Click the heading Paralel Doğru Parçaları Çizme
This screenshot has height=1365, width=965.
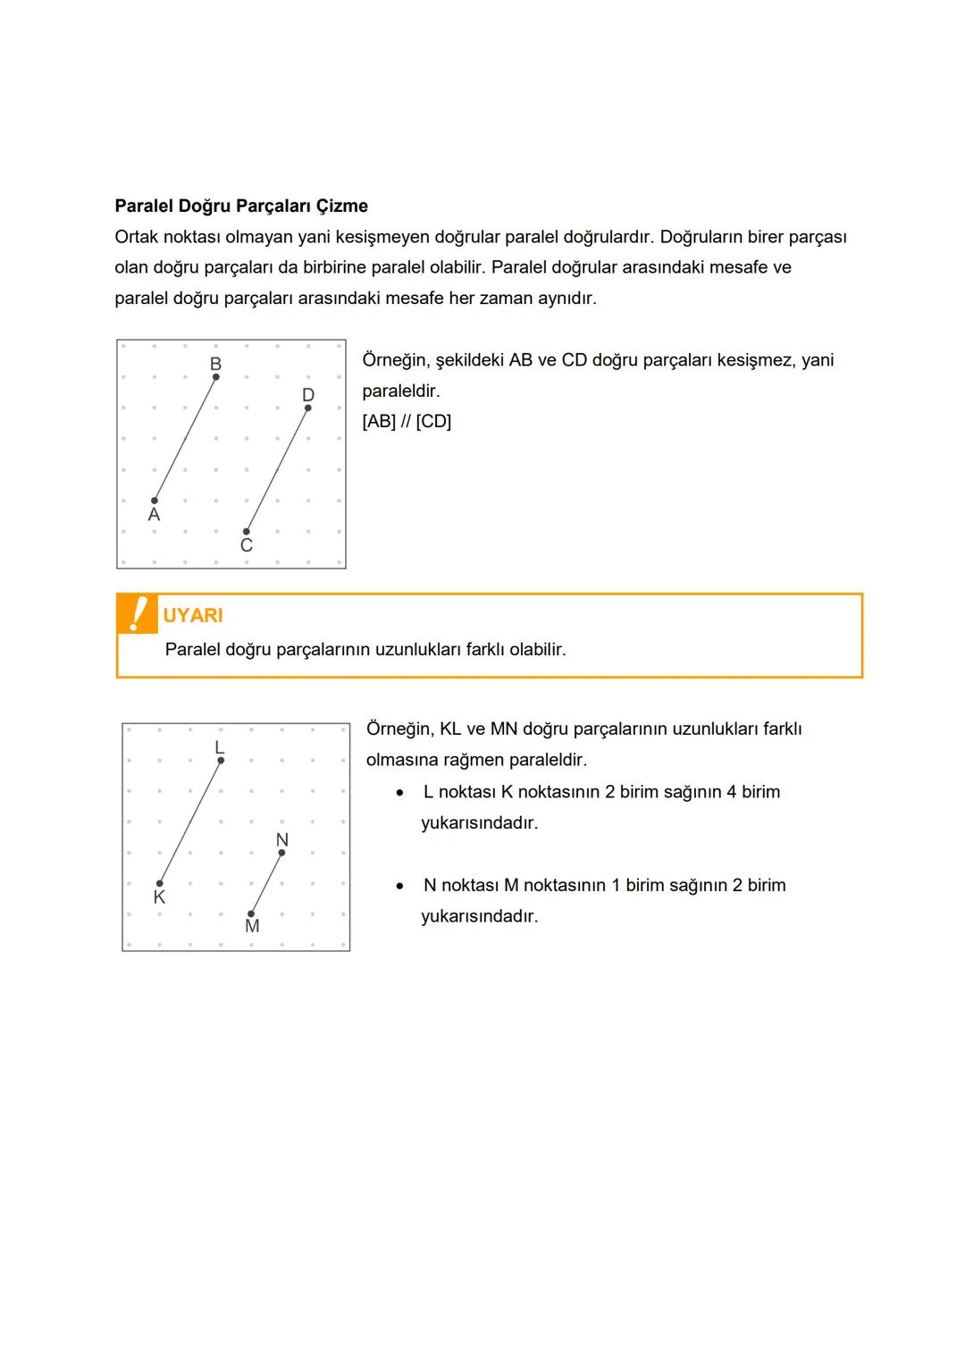(241, 206)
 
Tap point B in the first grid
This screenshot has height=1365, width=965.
(216, 377)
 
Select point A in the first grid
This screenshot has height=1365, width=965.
(155, 501)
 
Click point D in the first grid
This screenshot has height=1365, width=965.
(308, 408)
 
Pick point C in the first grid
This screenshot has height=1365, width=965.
(247, 532)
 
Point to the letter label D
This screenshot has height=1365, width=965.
(308, 394)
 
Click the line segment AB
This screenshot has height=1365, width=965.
(185, 439)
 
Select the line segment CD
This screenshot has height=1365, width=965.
(277, 470)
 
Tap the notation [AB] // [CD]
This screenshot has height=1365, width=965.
(407, 421)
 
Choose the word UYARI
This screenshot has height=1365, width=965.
(193, 615)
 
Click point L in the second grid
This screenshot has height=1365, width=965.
(221, 761)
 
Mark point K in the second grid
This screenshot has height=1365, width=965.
(160, 883)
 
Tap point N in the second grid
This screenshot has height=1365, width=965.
(282, 853)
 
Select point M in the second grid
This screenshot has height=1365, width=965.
(251, 914)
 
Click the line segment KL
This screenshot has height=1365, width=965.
(190, 822)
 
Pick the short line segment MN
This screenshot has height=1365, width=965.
(266, 883)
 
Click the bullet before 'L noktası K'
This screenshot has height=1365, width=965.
(401, 793)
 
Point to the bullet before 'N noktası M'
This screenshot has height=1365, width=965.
(401, 886)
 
